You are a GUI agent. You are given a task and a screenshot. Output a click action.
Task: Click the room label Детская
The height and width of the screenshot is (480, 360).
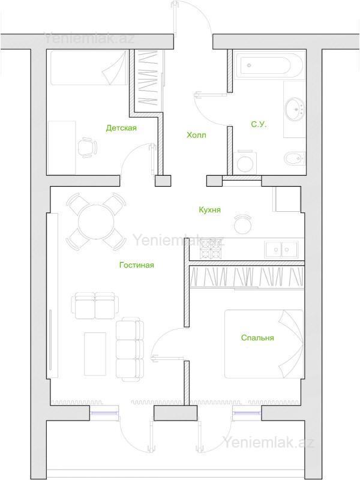pyautogui.click(x=121, y=128)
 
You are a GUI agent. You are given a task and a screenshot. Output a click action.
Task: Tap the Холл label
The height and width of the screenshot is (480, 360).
pyautogui.click(x=196, y=135)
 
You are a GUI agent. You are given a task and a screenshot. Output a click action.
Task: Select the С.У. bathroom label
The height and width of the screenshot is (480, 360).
pyautogui.click(x=259, y=124)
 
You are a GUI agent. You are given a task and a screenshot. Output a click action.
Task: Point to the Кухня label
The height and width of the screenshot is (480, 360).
pyautogui.click(x=209, y=210)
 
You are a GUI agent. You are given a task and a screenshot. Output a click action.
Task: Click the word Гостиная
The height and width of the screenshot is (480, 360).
pyautogui.click(x=137, y=265)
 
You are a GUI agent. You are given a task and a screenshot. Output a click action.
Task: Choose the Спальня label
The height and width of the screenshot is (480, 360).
pyautogui.click(x=257, y=338)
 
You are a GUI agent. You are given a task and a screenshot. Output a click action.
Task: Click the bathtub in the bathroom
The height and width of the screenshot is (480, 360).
pyautogui.click(x=269, y=65)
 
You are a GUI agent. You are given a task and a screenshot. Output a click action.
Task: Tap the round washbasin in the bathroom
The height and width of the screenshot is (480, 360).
pyautogui.click(x=295, y=109)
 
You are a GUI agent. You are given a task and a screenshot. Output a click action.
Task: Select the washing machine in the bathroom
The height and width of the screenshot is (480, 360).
pyautogui.click(x=245, y=162)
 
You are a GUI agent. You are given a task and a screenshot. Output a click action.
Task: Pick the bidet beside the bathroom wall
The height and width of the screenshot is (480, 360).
pyautogui.click(x=295, y=158)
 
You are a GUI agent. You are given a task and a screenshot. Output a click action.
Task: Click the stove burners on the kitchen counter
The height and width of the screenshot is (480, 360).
pyautogui.click(x=211, y=248)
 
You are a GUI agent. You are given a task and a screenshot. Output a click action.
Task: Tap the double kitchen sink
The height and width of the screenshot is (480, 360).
pyautogui.click(x=281, y=250)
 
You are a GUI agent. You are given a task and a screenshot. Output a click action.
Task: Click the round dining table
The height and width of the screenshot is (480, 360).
pyautogui.click(x=96, y=221)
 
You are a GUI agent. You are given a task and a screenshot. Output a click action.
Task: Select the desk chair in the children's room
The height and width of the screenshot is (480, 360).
pyautogui.click(x=88, y=148)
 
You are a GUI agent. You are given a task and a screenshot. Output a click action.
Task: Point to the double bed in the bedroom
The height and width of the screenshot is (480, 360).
pyautogui.click(x=264, y=344)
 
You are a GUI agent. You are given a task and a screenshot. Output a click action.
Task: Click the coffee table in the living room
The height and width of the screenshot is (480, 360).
pyautogui.click(x=95, y=353)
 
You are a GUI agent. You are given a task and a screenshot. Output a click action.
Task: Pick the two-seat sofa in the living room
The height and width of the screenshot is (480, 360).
pyautogui.click(x=94, y=305)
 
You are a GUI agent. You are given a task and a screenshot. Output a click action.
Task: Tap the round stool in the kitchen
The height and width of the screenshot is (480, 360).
pyautogui.click(x=243, y=224)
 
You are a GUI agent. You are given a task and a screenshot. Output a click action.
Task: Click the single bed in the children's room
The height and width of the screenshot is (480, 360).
pyautogui.click(x=88, y=68)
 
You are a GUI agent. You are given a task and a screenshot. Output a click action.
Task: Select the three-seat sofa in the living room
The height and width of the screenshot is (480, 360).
pyautogui.click(x=130, y=349)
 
